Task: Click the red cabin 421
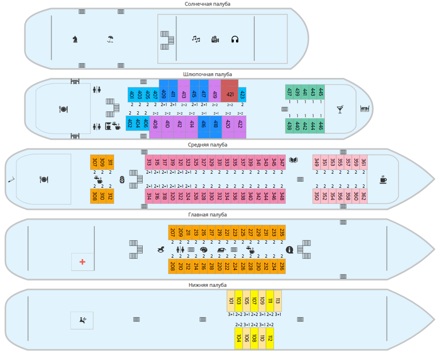pyautogui.click(x=230, y=94)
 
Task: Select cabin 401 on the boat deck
pyautogui.click(x=132, y=94)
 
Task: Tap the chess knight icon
pyautogui.click(x=75, y=39)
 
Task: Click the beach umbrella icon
pyautogui.click(x=110, y=39)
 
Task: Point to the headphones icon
pyautogui.click(x=235, y=39)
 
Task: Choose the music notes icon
pyautogui.click(x=196, y=39)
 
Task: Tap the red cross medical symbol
pyautogui.click(x=83, y=261)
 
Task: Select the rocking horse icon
pyautogui.click(x=161, y=250)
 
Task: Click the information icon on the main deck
pyautogui.click(x=290, y=250)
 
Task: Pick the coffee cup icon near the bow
pyautogui.click(x=383, y=179)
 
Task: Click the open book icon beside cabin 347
pyautogui.click(x=294, y=160)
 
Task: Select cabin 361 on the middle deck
pyautogui.click(x=363, y=162)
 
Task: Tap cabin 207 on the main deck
pyautogui.click(x=173, y=232)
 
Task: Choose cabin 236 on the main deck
pyautogui.click(x=282, y=267)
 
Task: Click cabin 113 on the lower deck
pyautogui.click(x=277, y=300)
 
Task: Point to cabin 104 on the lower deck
pyautogui.click(x=239, y=338)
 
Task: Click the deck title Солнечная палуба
pyautogui.click(x=208, y=4)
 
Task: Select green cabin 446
pyautogui.click(x=321, y=126)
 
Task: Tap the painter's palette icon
pyautogui.click(x=203, y=250)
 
